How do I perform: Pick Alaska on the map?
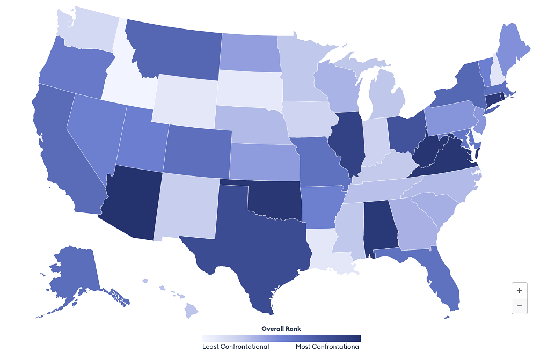point(75,274)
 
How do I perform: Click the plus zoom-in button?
point(520,290)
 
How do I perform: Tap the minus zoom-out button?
point(520,306)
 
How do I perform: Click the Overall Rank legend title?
point(281,328)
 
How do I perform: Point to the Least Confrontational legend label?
point(235,347)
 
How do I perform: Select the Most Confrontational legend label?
point(328,347)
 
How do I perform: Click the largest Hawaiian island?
point(191,311)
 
